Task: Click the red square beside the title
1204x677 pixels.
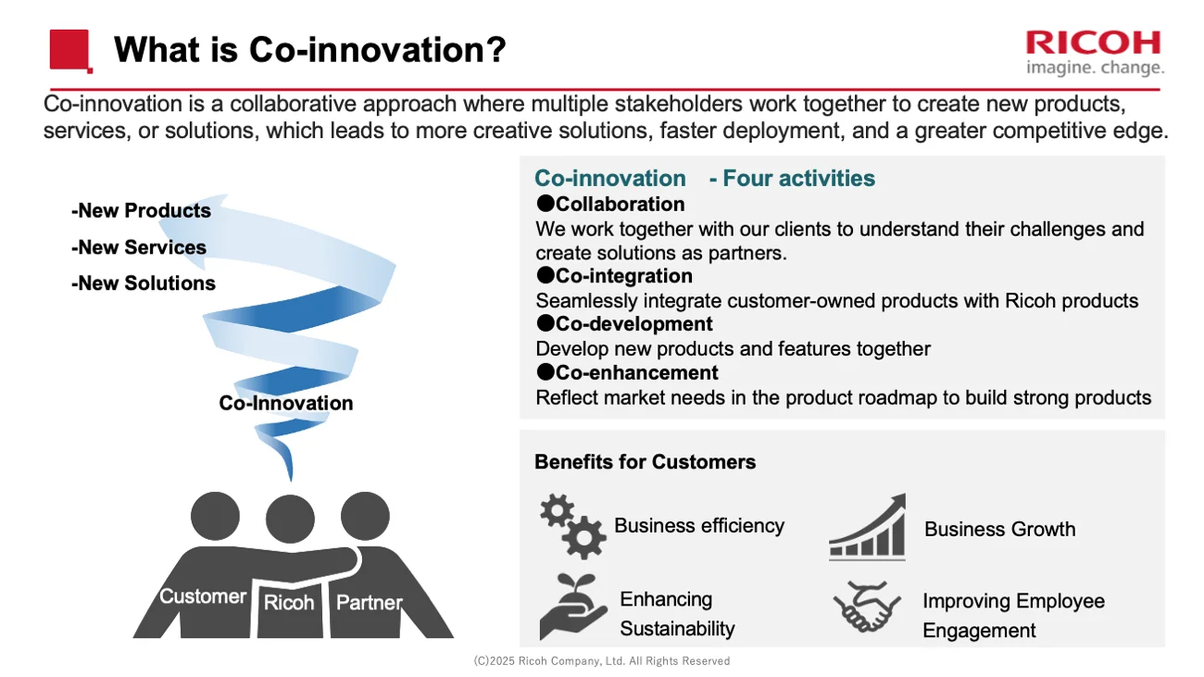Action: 70,50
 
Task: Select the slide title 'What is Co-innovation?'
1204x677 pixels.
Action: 309,49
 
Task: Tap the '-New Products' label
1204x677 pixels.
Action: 141,211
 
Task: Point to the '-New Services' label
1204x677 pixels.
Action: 138,247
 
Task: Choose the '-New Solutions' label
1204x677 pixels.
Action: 143,283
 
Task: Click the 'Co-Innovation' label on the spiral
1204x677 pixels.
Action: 285,403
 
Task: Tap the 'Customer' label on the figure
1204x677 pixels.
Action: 203,596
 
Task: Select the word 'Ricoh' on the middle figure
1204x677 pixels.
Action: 289,603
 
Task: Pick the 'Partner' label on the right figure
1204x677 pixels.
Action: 369,603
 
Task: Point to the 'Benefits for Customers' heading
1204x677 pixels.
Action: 645,461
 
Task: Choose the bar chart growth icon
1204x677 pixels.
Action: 867,528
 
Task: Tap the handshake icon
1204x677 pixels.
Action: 867,607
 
